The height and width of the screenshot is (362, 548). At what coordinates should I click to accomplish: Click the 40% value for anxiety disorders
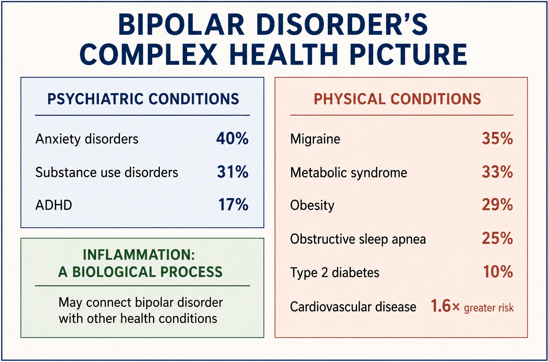click(x=232, y=139)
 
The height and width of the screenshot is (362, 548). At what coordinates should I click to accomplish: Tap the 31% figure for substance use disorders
click(x=233, y=172)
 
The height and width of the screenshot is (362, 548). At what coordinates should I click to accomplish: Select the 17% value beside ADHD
click(x=233, y=205)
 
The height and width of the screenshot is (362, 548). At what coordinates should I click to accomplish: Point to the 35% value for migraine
click(x=497, y=139)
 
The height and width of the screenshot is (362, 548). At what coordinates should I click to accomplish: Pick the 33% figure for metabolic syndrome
click(x=497, y=172)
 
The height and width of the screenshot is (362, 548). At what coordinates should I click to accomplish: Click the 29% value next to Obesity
click(x=497, y=205)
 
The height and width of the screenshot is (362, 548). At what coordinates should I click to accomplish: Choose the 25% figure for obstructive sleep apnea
click(x=497, y=238)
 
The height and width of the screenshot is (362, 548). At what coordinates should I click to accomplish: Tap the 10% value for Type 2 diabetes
click(x=498, y=272)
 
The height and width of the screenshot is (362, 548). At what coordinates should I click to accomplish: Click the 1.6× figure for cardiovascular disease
click(x=445, y=306)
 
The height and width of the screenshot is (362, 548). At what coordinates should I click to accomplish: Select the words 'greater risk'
click(x=489, y=308)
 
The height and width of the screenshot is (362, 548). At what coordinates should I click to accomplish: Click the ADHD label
click(x=54, y=205)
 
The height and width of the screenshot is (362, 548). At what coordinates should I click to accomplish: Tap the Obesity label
click(x=312, y=206)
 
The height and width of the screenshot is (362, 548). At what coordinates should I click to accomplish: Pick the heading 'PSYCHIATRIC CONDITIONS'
click(x=143, y=99)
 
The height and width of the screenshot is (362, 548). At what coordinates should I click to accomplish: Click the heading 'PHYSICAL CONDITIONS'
click(x=398, y=99)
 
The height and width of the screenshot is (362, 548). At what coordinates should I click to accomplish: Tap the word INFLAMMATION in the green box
click(x=139, y=255)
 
